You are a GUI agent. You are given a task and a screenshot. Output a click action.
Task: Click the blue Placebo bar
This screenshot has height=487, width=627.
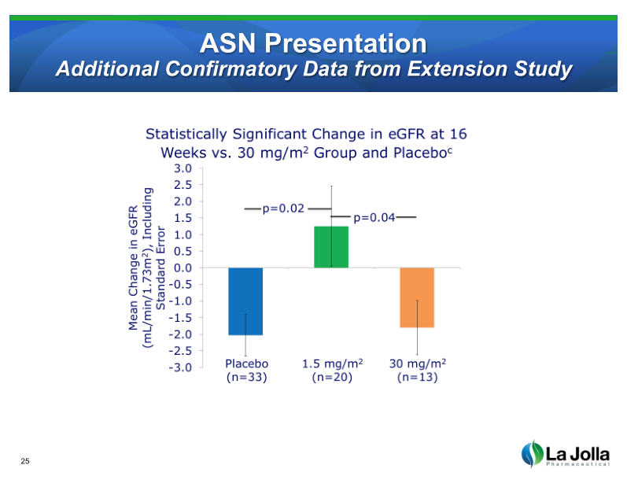[245, 301]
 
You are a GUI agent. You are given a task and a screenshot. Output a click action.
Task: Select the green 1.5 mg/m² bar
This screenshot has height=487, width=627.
[331, 247]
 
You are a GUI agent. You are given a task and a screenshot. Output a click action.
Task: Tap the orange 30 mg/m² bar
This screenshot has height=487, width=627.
[417, 297]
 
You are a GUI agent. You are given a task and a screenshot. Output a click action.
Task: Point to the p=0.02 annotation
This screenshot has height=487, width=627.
[282, 208]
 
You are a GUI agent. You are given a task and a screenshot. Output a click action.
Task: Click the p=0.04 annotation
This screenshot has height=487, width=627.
[374, 217]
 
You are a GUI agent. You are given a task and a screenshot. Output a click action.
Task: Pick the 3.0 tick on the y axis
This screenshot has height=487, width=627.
[183, 168]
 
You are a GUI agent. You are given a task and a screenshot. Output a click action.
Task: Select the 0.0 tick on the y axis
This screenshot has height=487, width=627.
[183, 268]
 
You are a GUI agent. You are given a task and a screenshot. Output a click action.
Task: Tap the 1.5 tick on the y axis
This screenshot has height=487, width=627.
[183, 218]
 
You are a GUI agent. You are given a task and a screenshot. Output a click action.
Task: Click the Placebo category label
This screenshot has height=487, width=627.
[247, 363]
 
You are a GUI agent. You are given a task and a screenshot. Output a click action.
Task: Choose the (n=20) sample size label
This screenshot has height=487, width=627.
[331, 378]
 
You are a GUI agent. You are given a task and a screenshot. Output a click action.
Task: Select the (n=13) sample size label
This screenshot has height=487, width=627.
[418, 378]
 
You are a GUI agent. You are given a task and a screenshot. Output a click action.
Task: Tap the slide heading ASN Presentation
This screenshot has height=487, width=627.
[313, 42]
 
